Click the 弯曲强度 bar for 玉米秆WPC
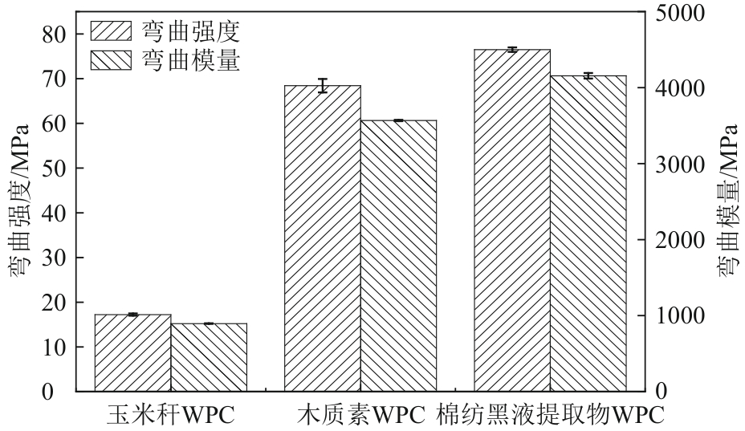pyautogui.click(x=132, y=353)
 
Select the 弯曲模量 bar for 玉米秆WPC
pyautogui.click(x=209, y=357)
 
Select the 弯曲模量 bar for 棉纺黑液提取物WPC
pyautogui.click(x=588, y=234)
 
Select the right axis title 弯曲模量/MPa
pyautogui.click(x=729, y=201)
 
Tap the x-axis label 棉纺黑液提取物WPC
pyautogui.click(x=550, y=415)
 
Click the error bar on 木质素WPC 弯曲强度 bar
pyautogui.click(x=323, y=86)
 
